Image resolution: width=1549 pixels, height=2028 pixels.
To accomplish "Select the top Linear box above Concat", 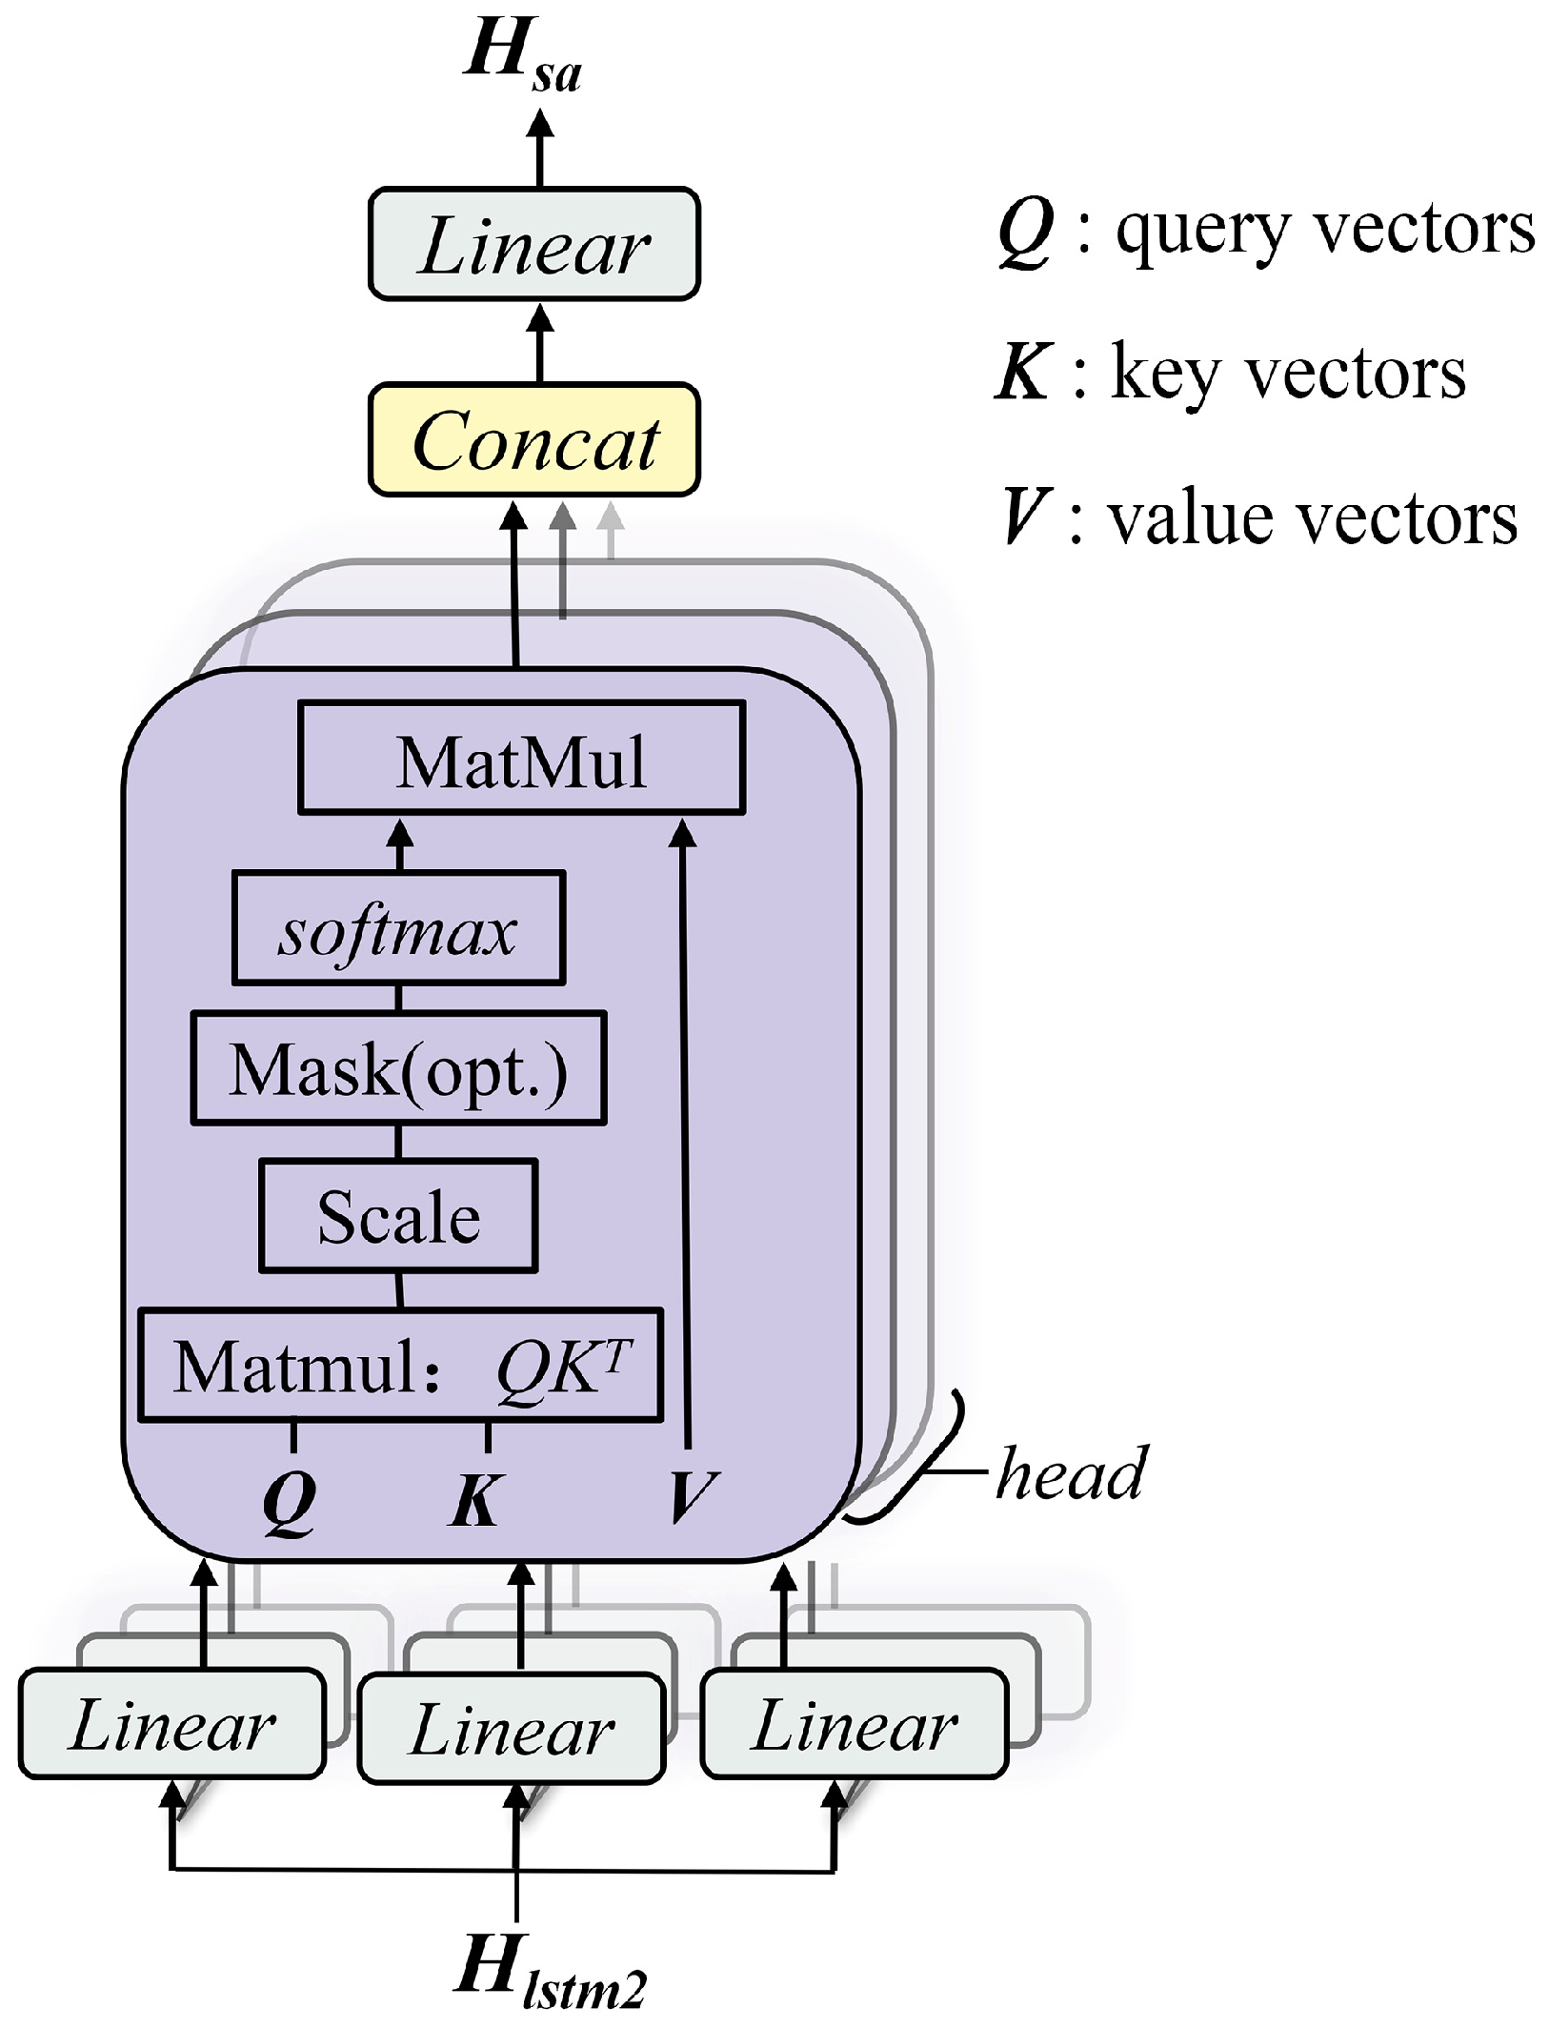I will pos(534,245).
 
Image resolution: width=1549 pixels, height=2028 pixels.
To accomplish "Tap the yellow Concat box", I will pos(534,440).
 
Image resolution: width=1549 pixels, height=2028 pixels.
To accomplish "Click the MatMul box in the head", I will pos(521,759).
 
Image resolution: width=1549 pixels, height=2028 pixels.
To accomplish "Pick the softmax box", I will pos(398,928).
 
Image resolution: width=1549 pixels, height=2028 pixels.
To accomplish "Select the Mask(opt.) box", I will pos(398,1068).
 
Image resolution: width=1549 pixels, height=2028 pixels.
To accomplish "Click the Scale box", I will pos(398,1216).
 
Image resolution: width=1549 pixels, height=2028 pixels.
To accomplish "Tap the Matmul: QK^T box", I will pos(400,1366).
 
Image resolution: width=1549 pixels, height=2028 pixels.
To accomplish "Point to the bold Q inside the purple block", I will pos(289,1501).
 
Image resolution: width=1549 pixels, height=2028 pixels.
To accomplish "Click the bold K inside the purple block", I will pos(474,1499).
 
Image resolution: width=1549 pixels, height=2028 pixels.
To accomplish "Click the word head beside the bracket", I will pos(1072,1473).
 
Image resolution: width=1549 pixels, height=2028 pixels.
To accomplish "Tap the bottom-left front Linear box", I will pos(172,1725).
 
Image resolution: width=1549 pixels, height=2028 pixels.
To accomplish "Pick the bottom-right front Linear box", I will pos(854,1725).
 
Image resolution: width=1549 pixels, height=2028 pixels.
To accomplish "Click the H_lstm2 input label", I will pos(549,1973).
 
